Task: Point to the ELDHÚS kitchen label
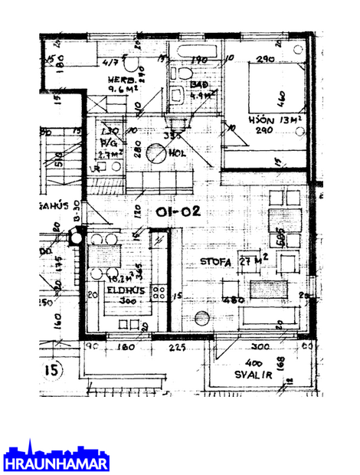tap(123, 290)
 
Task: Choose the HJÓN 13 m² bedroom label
tap(267, 121)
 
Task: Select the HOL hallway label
tap(180, 151)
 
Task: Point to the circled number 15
tap(52, 371)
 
